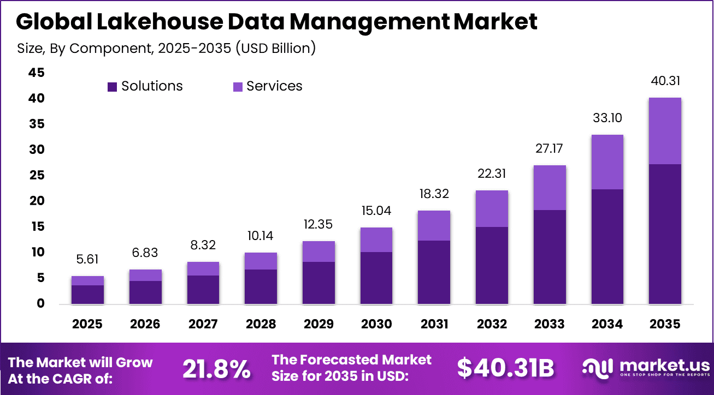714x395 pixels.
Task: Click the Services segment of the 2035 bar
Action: pyautogui.click(x=665, y=131)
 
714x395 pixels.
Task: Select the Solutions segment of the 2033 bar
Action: pyautogui.click(x=549, y=257)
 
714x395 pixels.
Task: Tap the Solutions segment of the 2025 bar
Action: pyautogui.click(x=87, y=295)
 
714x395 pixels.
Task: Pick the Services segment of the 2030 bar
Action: pyautogui.click(x=376, y=240)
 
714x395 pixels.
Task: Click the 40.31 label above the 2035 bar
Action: pyautogui.click(x=665, y=81)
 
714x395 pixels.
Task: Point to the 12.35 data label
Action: pyautogui.click(x=318, y=225)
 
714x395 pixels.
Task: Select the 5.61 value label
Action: pyautogui.click(x=87, y=260)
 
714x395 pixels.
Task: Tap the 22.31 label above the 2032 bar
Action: pyautogui.click(x=492, y=174)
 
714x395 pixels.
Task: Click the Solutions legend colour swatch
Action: pyautogui.click(x=113, y=87)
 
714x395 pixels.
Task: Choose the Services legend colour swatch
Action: pyautogui.click(x=238, y=87)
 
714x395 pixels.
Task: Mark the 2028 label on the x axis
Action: pyautogui.click(x=261, y=324)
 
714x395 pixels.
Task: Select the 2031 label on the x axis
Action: pyautogui.click(x=434, y=324)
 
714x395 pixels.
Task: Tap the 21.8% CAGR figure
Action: pyautogui.click(x=216, y=369)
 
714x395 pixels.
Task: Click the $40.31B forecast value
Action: pyautogui.click(x=505, y=369)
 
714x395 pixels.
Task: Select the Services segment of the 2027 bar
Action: pyautogui.click(x=203, y=268)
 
